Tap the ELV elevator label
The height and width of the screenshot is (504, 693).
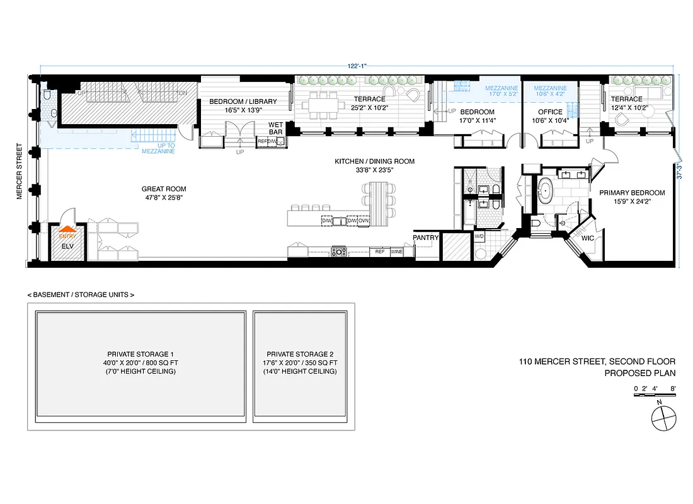click(67, 247)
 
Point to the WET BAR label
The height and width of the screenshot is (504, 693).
click(276, 128)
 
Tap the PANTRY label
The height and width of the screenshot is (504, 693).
click(425, 238)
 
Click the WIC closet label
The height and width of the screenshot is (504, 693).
click(587, 239)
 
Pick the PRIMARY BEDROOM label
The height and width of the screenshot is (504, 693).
click(632, 193)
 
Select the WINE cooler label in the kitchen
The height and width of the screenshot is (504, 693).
click(396, 251)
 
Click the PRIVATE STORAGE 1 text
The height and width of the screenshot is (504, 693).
click(140, 354)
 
